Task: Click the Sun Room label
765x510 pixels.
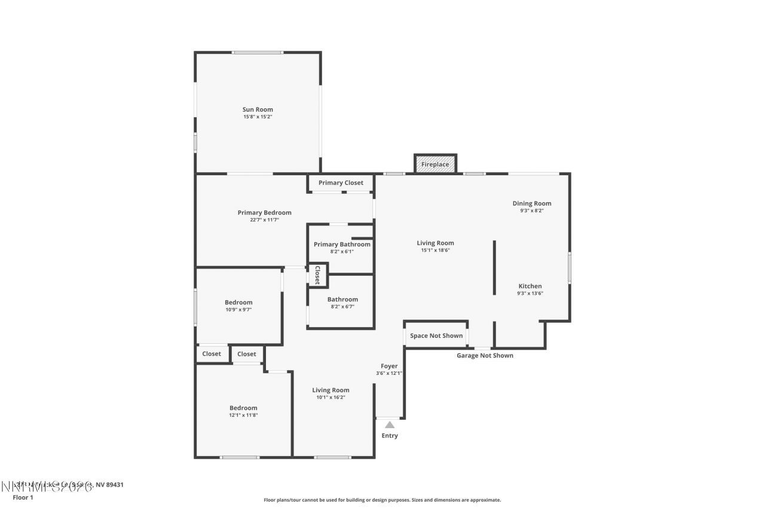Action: [x=258, y=109]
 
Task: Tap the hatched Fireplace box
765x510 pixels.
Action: [x=435, y=164]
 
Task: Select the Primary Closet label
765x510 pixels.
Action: [x=341, y=183]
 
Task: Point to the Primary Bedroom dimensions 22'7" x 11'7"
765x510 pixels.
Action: [x=264, y=220]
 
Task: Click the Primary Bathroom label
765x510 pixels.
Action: [x=342, y=244]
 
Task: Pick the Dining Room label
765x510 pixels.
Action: [x=531, y=203]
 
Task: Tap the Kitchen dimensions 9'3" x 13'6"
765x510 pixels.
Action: [x=530, y=294]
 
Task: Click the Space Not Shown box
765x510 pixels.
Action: [x=436, y=335]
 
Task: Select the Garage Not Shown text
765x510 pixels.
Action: [x=485, y=356]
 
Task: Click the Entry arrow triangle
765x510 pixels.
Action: [x=390, y=425]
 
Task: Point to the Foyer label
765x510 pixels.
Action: [x=389, y=366]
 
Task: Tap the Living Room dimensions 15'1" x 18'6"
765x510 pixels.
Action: [x=435, y=251]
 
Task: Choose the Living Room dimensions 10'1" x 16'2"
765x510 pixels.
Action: [x=331, y=398]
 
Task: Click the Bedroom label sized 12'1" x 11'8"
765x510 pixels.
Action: [x=243, y=408]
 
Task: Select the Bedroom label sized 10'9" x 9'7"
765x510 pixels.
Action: [x=238, y=302]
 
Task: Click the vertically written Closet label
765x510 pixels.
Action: [x=317, y=275]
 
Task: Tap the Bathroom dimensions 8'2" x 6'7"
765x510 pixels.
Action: [x=342, y=307]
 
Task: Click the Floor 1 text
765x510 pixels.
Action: [x=23, y=497]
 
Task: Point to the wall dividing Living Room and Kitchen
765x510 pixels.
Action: [x=494, y=267]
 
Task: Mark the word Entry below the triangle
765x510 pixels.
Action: [x=390, y=436]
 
